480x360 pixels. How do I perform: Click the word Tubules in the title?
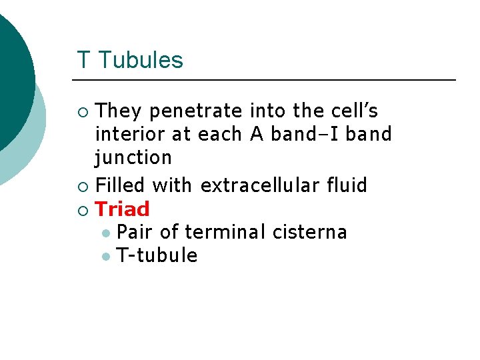(140, 61)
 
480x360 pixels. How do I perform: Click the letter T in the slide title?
(83, 61)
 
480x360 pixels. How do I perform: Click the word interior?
(131, 134)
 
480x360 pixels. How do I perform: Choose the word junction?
(133, 158)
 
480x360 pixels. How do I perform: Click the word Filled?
(121, 185)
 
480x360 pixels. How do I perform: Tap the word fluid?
(347, 185)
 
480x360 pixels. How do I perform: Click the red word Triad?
(123, 209)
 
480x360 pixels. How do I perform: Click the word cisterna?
(310, 232)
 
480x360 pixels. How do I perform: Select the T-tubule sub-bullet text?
(157, 255)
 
